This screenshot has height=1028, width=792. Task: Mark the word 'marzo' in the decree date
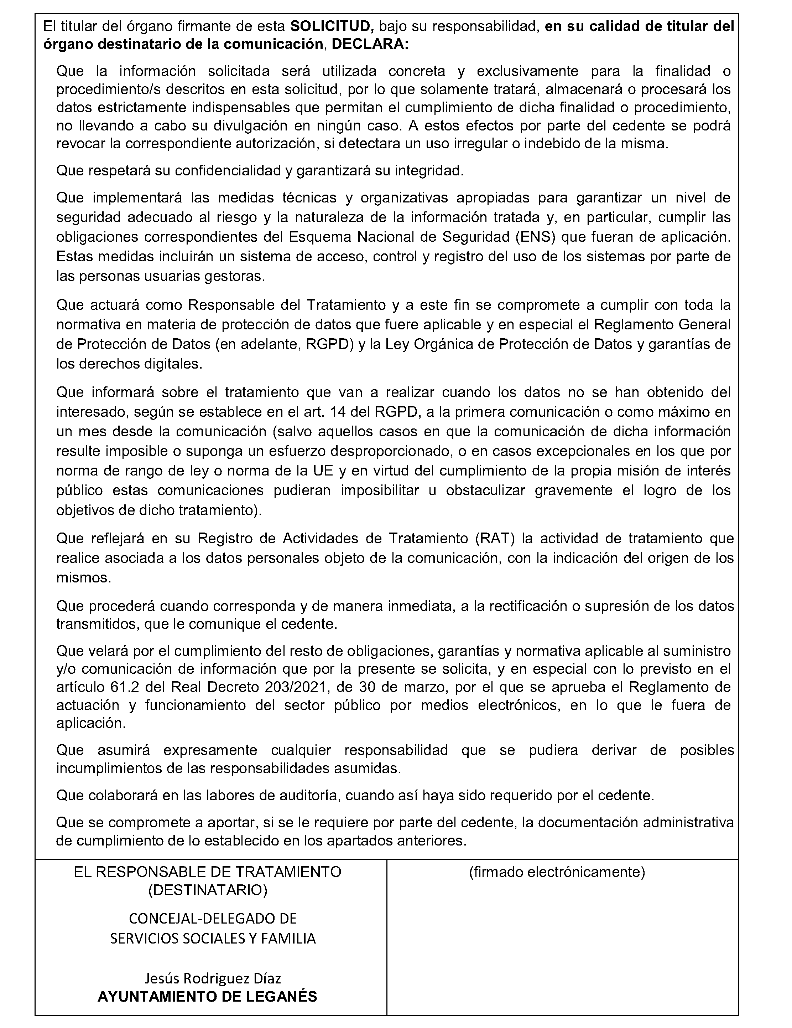[422, 687]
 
